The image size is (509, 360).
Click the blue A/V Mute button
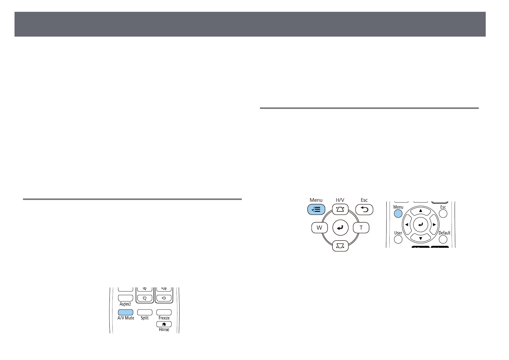point(125,312)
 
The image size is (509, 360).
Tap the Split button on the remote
point(145,312)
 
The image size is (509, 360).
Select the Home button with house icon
point(164,324)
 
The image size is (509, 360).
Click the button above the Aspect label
point(125,298)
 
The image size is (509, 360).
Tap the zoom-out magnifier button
point(145,298)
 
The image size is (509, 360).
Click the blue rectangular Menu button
point(316,209)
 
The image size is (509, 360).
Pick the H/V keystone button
point(340,209)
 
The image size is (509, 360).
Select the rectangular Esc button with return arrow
point(364,209)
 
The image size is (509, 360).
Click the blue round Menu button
point(398,213)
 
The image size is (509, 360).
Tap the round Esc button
point(443,213)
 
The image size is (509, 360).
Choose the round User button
point(398,239)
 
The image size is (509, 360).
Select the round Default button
point(443,239)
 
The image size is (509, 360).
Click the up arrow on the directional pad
point(420,211)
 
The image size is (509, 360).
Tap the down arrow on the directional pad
point(420,239)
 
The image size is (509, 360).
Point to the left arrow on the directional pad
point(407,225)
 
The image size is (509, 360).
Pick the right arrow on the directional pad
point(434,225)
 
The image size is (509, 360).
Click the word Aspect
point(125,304)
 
